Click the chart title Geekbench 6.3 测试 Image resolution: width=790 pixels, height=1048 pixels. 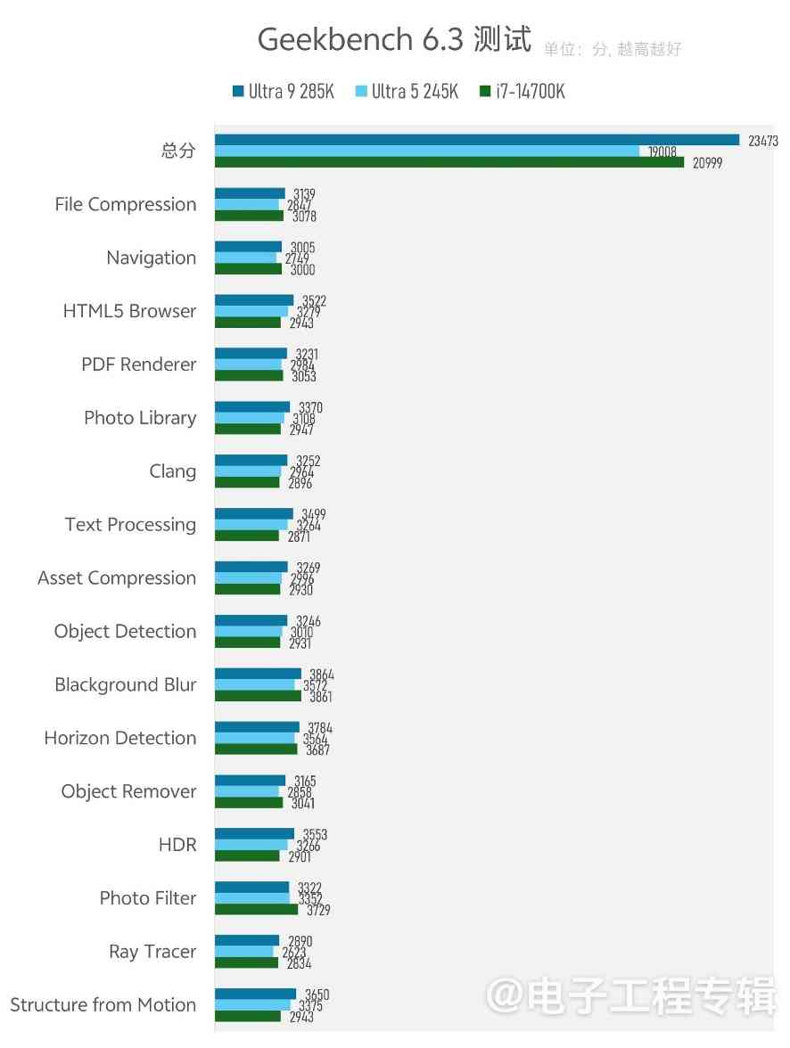coord(394,39)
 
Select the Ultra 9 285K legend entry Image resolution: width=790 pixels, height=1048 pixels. coord(283,91)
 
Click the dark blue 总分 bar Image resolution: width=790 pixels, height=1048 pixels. coord(477,140)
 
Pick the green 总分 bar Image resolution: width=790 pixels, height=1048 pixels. coord(449,162)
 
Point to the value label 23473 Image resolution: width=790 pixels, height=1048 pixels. coord(763,141)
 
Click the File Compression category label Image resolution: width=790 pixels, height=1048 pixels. coord(126,204)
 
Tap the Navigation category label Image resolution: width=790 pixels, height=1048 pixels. coord(152,258)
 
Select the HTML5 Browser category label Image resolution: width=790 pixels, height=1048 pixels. coord(129,311)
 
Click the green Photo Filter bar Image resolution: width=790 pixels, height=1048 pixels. coord(257,910)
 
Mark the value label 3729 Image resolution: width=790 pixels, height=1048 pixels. coord(318,910)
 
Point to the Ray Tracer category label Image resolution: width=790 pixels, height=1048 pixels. coord(152,952)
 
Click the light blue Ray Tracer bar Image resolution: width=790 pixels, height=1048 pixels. coord(244,952)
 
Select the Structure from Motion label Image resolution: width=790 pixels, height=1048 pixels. coord(103,1005)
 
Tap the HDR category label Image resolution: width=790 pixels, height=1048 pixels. coord(177,845)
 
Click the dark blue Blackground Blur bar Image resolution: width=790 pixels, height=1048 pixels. coord(259,675)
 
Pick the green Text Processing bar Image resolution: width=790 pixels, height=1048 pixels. coord(247,536)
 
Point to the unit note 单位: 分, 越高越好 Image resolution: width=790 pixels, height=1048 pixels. coord(613,49)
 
